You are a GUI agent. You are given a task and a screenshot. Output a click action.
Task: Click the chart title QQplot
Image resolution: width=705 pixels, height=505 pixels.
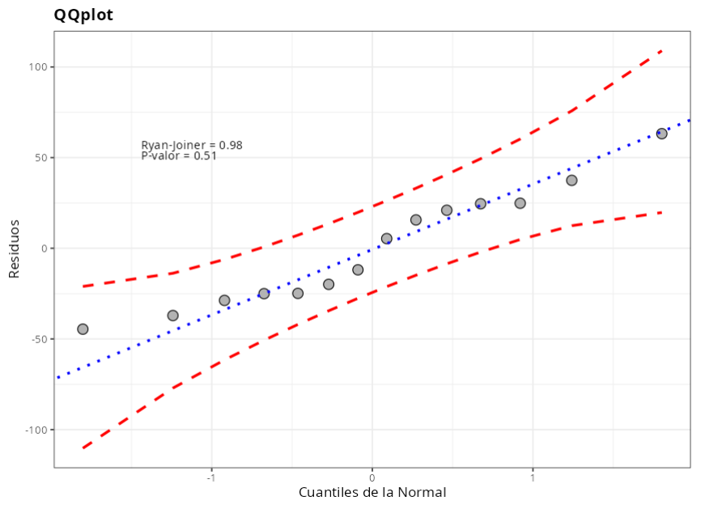83,15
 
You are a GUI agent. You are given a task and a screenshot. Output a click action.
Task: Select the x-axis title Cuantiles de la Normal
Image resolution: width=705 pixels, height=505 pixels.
372,492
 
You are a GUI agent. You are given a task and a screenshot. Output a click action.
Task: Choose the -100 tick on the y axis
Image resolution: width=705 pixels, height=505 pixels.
37,430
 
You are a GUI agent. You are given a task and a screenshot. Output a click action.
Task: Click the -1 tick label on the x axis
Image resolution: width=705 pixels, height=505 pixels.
211,477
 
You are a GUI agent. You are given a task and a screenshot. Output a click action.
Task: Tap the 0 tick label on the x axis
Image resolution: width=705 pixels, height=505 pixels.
372,477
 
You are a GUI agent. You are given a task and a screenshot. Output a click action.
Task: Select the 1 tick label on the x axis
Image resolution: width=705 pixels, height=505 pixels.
533,477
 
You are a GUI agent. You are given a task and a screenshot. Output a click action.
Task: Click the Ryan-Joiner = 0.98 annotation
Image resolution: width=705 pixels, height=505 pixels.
192,145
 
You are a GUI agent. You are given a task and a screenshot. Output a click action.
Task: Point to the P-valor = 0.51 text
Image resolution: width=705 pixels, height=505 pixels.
179,156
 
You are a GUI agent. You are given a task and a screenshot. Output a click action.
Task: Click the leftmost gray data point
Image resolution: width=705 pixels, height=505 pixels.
83,329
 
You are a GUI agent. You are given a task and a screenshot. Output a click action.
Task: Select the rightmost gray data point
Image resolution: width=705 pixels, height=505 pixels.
661,134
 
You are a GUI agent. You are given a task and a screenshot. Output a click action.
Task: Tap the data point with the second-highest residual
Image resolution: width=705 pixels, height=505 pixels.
571,180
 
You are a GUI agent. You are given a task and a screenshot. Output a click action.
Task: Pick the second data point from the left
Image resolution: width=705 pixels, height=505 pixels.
172,316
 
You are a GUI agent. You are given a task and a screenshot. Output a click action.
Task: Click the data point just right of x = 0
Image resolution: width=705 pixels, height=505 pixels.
386,239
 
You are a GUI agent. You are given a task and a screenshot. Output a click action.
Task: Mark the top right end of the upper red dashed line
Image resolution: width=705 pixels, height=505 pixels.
661,50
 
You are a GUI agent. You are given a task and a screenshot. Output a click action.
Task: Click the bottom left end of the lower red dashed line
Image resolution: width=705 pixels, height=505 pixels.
83,448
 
